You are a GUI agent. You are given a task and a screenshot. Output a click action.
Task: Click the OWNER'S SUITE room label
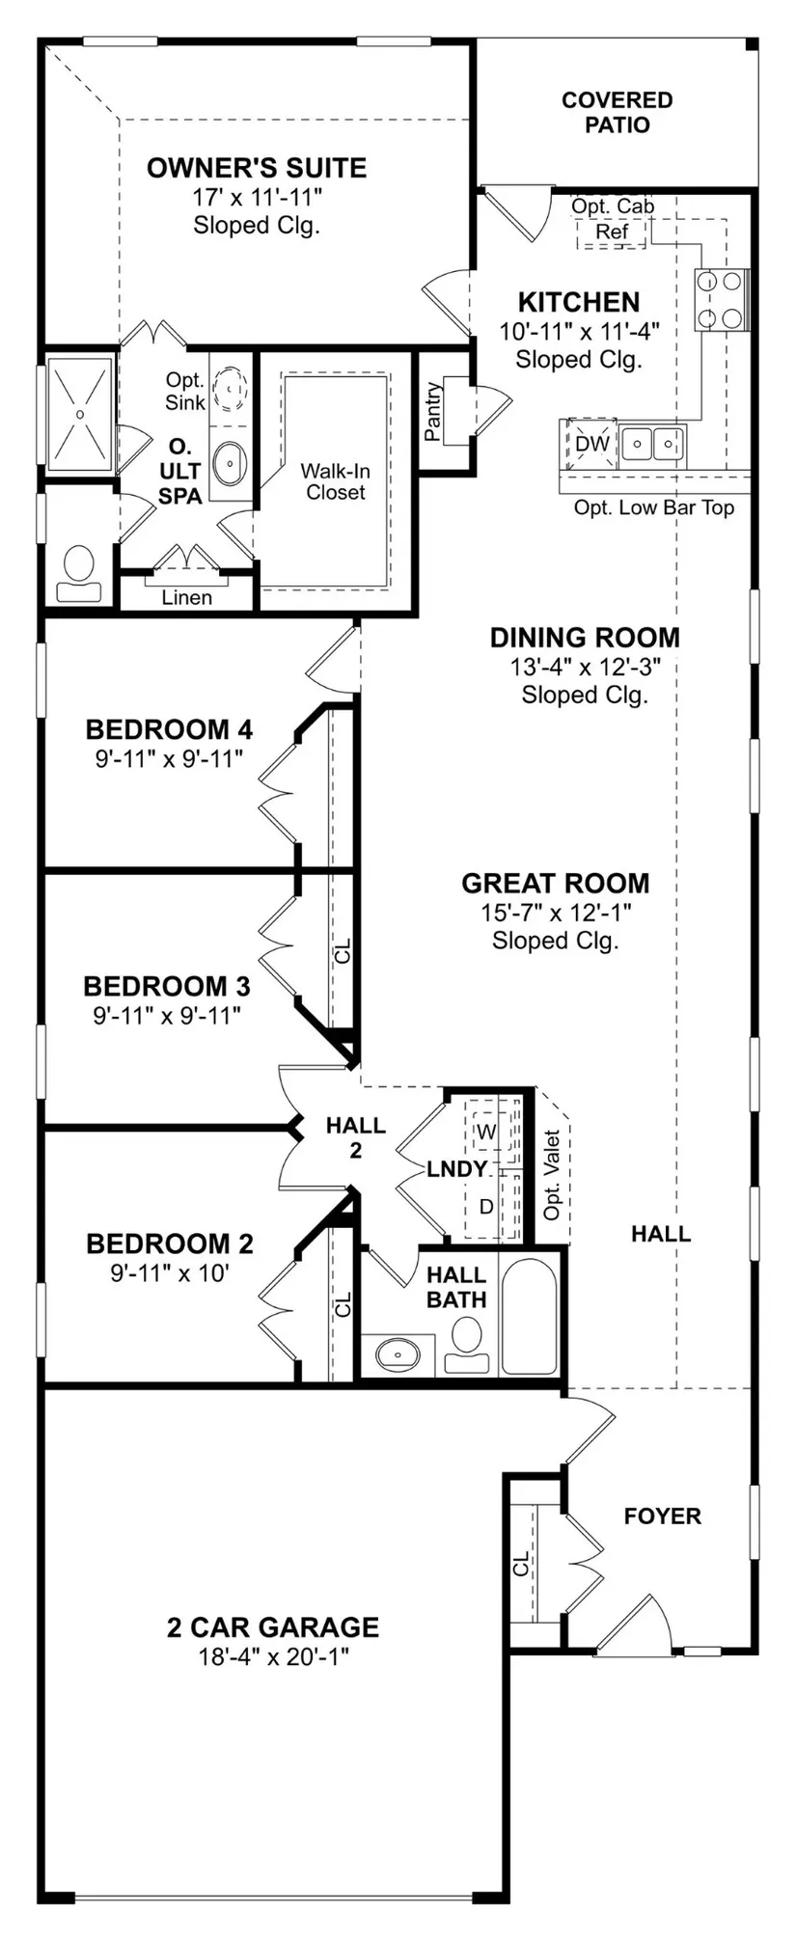point(257,168)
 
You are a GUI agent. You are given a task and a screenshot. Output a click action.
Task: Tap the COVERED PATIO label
point(618,112)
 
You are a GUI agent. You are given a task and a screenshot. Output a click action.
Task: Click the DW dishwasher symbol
point(592,443)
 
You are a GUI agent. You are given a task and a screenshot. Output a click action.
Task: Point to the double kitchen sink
point(652,444)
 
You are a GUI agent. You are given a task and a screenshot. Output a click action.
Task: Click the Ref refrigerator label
point(612,232)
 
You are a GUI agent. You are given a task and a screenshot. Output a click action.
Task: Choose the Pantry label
point(433,412)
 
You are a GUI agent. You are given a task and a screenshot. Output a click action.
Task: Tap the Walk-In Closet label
point(336,481)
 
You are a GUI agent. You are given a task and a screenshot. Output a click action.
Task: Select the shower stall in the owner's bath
point(81,414)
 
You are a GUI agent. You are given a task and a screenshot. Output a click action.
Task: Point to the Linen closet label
point(187,597)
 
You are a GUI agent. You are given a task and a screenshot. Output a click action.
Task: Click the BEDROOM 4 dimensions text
point(169,758)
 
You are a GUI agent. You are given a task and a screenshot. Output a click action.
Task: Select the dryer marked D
point(486,1206)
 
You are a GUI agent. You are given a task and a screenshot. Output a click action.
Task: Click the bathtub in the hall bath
point(529,1315)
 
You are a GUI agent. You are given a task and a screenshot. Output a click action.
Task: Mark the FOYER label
point(663,1516)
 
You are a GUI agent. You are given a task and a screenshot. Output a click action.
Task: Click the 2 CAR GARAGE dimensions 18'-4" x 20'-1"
point(273,1656)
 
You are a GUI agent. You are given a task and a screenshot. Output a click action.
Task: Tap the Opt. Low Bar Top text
point(654,507)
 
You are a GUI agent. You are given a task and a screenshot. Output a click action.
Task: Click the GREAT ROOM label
point(556,883)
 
